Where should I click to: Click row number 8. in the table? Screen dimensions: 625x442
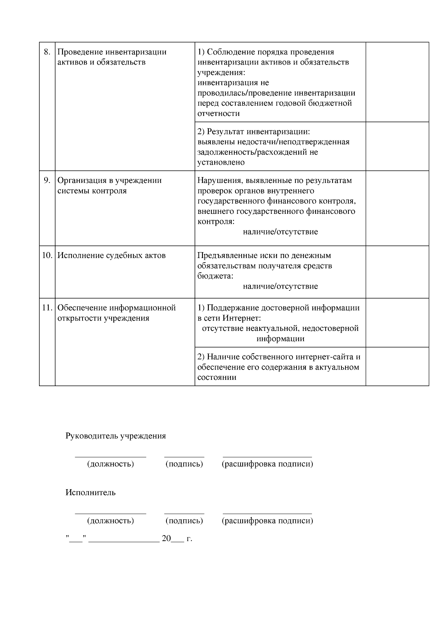[47, 52]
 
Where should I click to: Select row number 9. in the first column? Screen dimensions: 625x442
[47, 180]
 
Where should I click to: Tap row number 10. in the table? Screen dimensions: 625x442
[47, 255]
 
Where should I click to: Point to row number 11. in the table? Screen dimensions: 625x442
[47, 308]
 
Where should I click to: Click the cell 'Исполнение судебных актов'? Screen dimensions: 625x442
[112, 255]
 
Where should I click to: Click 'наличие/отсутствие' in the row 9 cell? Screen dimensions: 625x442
[280, 232]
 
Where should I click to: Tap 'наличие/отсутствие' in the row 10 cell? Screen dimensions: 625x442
[280, 286]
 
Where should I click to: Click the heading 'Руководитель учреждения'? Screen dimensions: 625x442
[116, 436]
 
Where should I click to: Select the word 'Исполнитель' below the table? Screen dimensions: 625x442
[91, 492]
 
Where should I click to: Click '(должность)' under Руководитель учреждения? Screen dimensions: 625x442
[110, 464]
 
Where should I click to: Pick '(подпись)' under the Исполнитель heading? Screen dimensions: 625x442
[184, 521]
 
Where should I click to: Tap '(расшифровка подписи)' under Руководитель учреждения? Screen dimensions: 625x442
[267, 464]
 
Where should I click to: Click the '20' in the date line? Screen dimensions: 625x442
[166, 539]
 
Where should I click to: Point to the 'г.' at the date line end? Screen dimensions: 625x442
[189, 539]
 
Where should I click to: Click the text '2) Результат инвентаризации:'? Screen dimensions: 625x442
[254, 131]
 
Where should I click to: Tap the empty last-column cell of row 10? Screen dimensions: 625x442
[397, 272]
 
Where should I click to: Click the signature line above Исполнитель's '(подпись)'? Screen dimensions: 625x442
[184, 513]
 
